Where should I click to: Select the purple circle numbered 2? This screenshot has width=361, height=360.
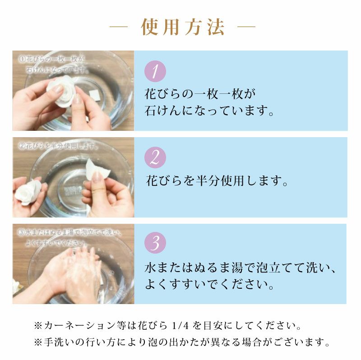tap(155, 157)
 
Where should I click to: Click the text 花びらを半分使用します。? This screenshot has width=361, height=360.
tap(217, 181)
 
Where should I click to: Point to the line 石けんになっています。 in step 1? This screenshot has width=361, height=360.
tap(209, 111)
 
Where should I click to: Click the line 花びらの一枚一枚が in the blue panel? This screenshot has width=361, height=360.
tap(200, 93)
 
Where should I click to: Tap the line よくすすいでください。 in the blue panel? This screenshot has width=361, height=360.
tap(209, 285)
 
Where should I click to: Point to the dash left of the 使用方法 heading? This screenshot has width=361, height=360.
tap(119, 28)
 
